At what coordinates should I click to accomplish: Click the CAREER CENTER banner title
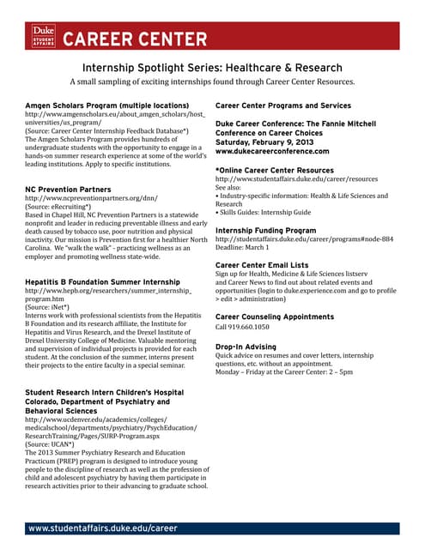pos(135,40)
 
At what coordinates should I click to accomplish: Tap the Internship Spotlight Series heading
pos(212,68)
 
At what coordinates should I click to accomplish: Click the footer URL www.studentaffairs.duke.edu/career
pos(103,528)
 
